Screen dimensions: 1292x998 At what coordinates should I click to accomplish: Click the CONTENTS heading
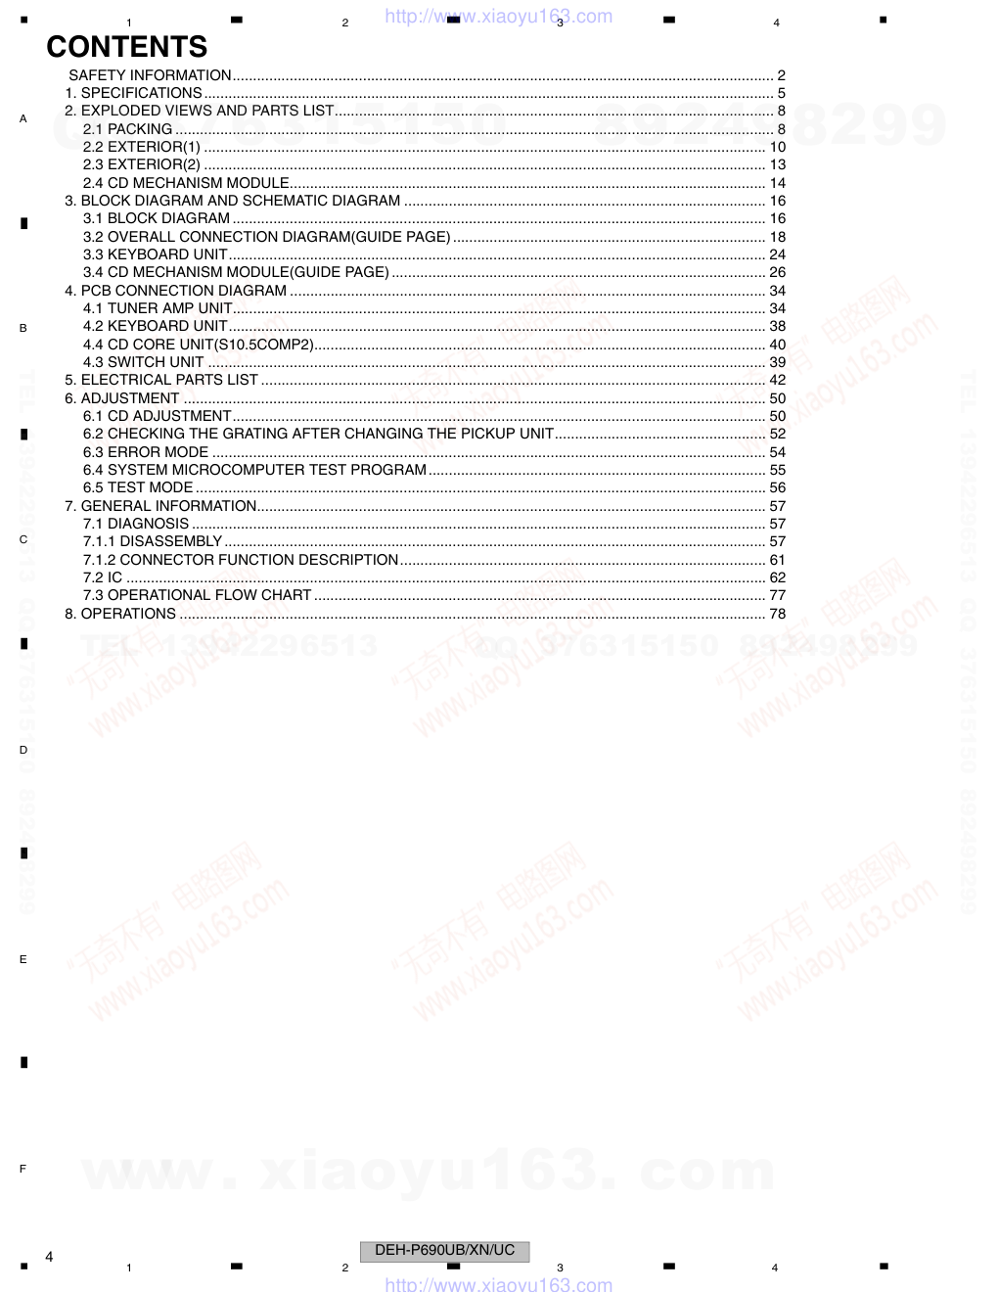127,47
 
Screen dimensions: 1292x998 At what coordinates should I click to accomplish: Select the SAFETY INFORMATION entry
150,75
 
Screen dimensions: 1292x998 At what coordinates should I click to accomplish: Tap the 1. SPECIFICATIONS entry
133,93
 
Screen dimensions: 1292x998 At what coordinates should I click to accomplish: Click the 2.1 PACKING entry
127,129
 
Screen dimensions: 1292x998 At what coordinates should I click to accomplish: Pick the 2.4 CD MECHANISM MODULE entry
186,183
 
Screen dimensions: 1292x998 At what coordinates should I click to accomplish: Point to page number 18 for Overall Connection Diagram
777,237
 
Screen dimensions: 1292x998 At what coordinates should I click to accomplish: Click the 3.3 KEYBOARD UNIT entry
155,254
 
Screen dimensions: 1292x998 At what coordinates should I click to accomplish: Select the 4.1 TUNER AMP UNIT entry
158,308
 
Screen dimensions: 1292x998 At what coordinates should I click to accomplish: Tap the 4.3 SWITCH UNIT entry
143,362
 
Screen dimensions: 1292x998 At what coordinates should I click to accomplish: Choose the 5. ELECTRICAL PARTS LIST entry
161,380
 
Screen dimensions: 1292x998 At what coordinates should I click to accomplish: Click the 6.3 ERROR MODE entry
146,452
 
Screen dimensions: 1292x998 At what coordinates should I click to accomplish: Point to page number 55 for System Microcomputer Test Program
777,470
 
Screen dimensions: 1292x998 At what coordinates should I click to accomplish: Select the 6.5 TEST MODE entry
138,487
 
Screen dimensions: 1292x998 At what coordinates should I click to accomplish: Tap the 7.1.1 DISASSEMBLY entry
153,541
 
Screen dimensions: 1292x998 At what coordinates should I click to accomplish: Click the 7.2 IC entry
103,577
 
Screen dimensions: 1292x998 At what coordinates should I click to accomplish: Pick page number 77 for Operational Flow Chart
777,595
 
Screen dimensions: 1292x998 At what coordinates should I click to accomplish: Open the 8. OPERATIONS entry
120,614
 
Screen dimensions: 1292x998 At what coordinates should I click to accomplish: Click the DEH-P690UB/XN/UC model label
444,1250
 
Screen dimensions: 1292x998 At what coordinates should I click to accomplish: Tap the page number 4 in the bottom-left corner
49,1257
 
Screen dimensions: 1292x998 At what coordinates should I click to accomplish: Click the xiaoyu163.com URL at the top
499,17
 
